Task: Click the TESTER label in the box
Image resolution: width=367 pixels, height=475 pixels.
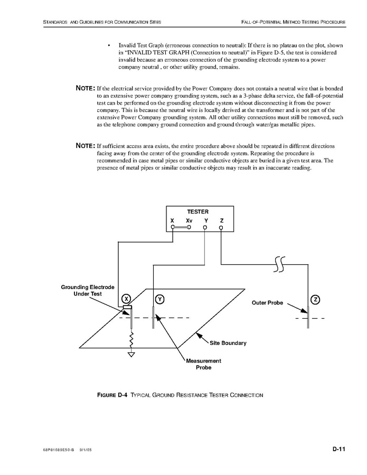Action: click(197, 211)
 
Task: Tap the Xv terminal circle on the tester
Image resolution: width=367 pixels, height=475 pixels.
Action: click(189, 228)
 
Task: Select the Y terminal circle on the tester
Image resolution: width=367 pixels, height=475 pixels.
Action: click(206, 228)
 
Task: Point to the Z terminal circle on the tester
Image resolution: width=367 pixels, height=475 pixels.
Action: click(221, 228)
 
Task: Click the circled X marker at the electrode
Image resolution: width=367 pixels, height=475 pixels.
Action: click(126, 299)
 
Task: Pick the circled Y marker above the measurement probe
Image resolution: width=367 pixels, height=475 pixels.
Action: click(159, 299)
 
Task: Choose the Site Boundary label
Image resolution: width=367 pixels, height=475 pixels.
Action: click(228, 343)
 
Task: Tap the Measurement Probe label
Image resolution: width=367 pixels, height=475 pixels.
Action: click(203, 364)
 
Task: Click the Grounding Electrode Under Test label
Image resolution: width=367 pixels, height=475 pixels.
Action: click(87, 290)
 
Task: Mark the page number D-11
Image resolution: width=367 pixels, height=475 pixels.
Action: click(338, 450)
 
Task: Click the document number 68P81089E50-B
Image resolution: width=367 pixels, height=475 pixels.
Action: click(58, 451)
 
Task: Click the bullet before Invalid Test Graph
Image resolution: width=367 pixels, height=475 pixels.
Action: click(108, 45)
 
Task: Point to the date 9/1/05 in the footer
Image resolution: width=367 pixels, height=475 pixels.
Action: click(86, 451)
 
